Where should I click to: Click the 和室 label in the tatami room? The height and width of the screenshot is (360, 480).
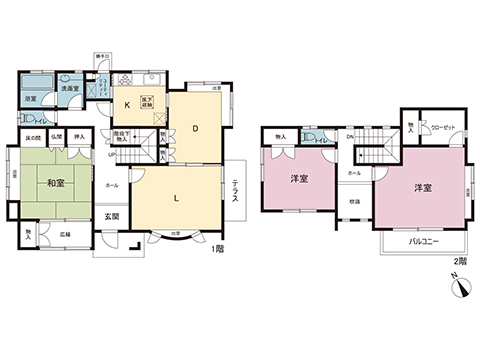56,184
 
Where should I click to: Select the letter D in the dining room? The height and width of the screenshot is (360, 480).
196,128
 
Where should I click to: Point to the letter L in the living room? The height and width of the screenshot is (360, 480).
176,198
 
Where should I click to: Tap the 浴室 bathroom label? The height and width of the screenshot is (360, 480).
31,99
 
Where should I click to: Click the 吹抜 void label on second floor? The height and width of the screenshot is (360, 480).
356,201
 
